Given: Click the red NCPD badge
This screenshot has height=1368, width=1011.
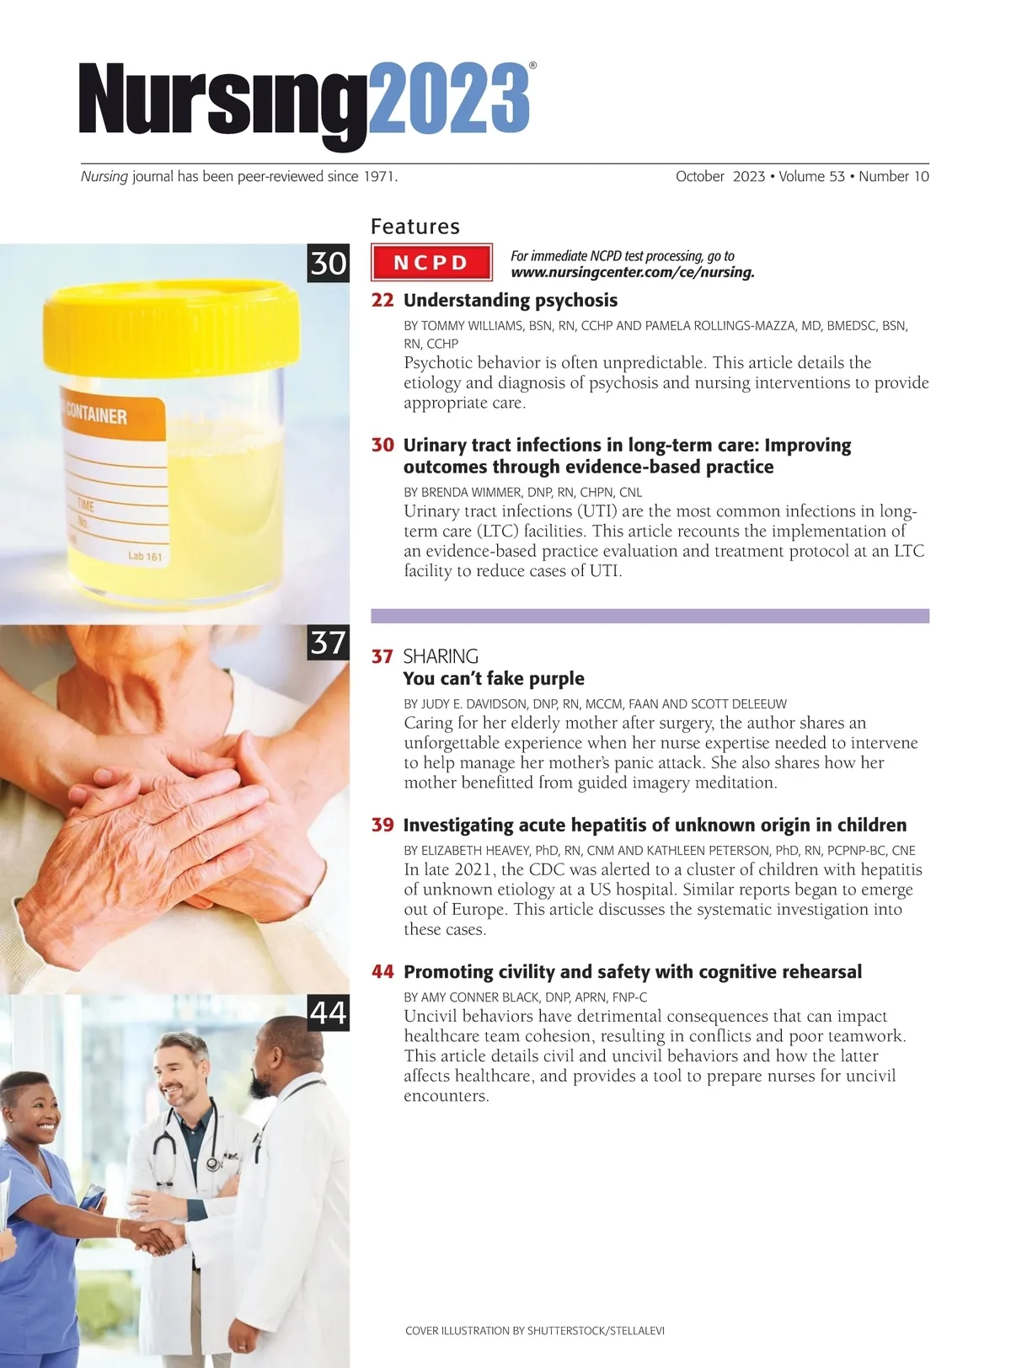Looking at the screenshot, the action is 431,262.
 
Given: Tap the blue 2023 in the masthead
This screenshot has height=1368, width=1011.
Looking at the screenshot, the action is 448,98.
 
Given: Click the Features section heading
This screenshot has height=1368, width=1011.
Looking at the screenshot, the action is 415,227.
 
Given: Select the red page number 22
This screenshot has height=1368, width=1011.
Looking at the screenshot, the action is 382,301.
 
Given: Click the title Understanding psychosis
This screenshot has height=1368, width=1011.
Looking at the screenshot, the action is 510,301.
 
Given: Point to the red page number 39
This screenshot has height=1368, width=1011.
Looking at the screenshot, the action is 382,826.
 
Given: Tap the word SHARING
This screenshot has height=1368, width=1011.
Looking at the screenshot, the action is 441,655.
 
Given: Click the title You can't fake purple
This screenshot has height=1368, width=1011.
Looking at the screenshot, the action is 494,678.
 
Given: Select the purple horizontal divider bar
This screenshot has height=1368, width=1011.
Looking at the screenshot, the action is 650,616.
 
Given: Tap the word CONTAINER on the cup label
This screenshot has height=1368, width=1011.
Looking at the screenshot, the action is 96,414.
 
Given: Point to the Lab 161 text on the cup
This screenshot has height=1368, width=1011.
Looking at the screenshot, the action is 145,556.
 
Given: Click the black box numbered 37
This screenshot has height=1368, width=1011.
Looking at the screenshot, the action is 329,642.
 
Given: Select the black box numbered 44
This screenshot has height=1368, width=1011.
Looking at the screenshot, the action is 329,1013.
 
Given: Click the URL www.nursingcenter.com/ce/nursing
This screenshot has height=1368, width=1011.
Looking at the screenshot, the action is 632,272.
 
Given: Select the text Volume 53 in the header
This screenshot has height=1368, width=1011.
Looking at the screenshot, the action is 811,176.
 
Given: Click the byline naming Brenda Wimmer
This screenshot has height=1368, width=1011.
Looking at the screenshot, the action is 522,492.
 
